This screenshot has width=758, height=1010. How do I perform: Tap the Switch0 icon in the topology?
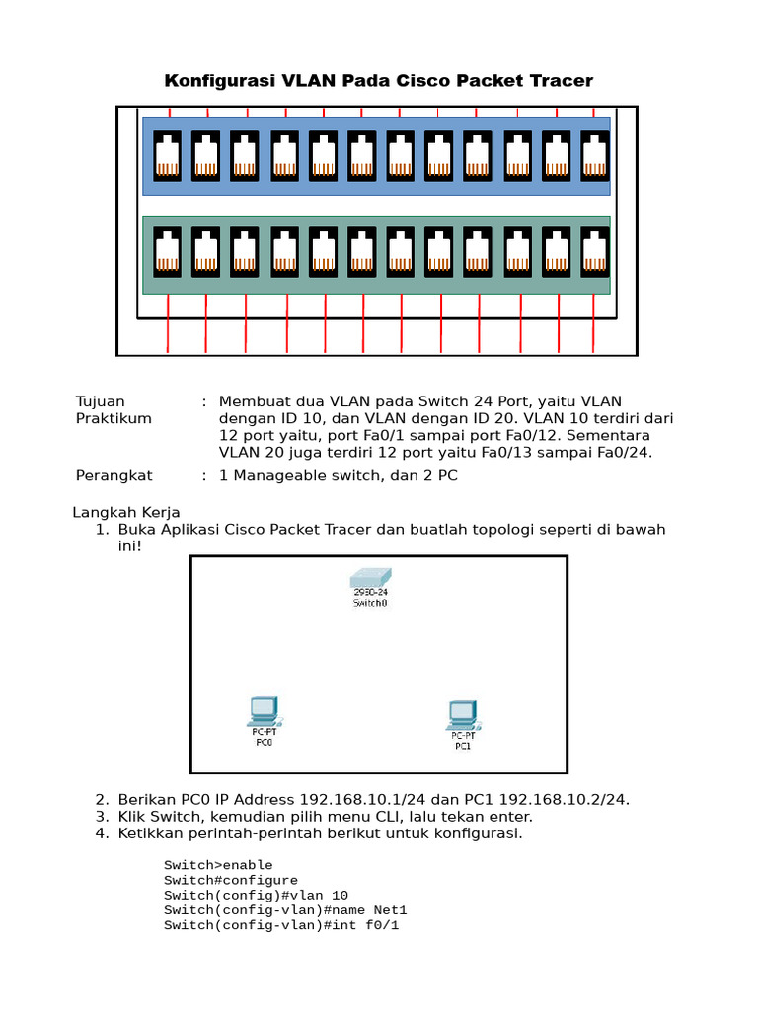click(x=369, y=583)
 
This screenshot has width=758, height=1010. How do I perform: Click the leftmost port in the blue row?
click(x=167, y=155)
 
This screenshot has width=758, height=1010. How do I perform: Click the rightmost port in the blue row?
click(x=593, y=155)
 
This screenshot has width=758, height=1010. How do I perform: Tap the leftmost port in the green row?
click(x=167, y=252)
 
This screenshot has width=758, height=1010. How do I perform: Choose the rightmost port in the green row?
click(x=593, y=252)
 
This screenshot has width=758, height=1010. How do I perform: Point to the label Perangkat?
click(x=114, y=475)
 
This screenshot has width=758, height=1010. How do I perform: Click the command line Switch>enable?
click(x=218, y=865)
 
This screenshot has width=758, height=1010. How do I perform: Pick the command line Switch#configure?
click(x=230, y=880)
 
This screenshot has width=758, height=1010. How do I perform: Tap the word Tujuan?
click(x=101, y=401)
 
